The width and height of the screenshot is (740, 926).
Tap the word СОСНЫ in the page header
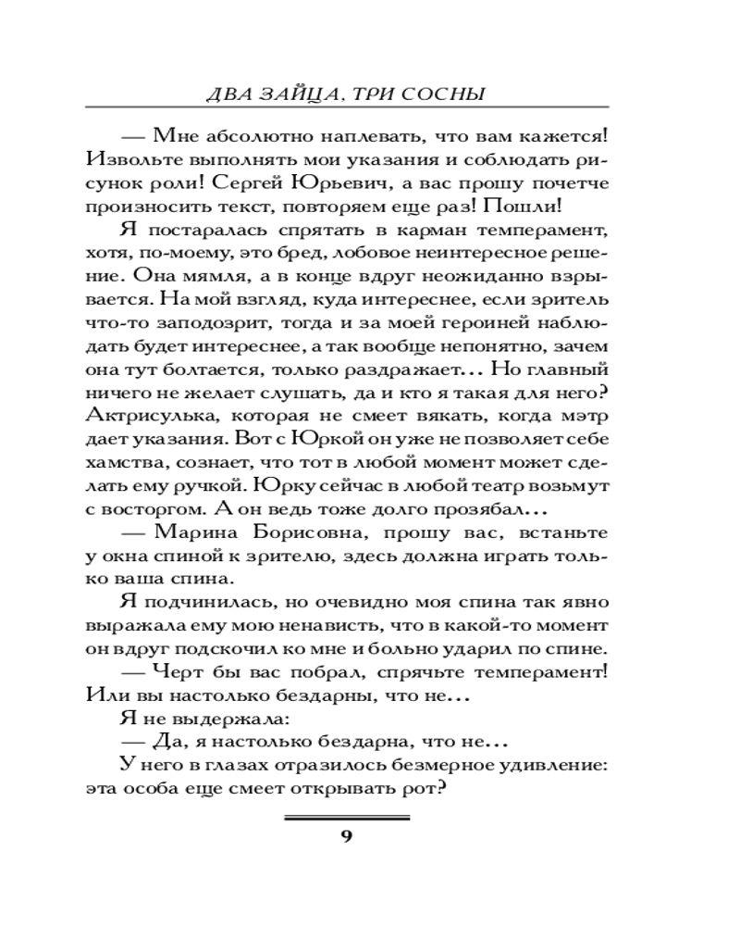pos(448,94)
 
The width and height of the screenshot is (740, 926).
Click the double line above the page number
pos(347,817)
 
